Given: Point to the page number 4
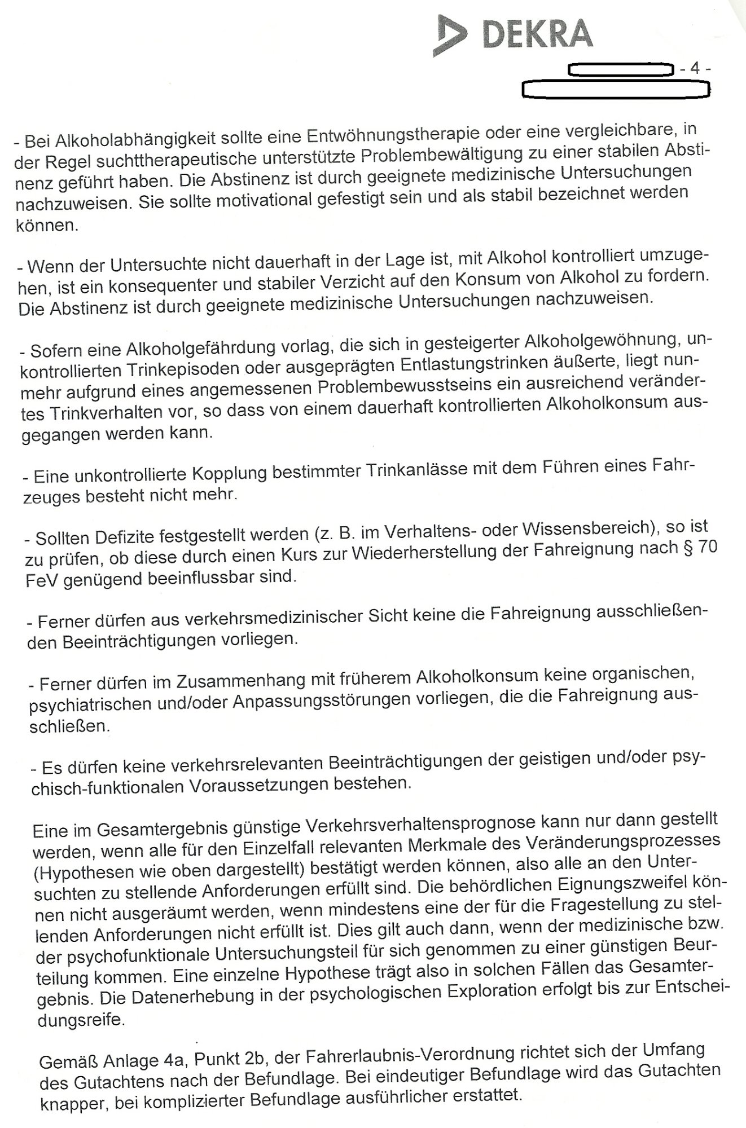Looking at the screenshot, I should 695,69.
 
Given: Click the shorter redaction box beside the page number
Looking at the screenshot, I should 621,70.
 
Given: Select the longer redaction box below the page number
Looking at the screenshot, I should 616,89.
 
